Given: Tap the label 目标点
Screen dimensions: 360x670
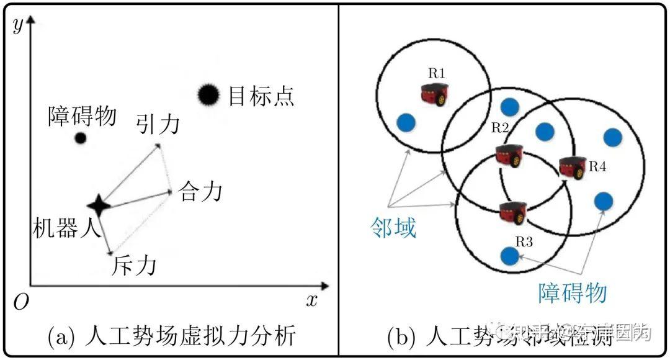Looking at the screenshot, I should [x=261, y=96].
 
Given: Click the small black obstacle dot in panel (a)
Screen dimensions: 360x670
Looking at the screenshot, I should [x=80, y=138].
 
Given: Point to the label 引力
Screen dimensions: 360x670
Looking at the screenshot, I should [x=158, y=124].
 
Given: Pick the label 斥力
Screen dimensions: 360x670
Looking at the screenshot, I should [x=134, y=266].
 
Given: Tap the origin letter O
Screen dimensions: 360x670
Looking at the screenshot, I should [x=21, y=302].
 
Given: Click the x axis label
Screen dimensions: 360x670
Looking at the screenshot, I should [x=311, y=300].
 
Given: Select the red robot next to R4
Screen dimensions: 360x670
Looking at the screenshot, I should [x=572, y=167].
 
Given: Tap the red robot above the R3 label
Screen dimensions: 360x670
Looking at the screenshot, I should [x=512, y=212].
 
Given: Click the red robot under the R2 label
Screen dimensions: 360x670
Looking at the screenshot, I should [x=509, y=155].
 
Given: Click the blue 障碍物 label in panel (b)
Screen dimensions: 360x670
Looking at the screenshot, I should [x=571, y=293].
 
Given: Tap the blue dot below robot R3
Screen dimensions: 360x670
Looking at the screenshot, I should [x=509, y=255].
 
